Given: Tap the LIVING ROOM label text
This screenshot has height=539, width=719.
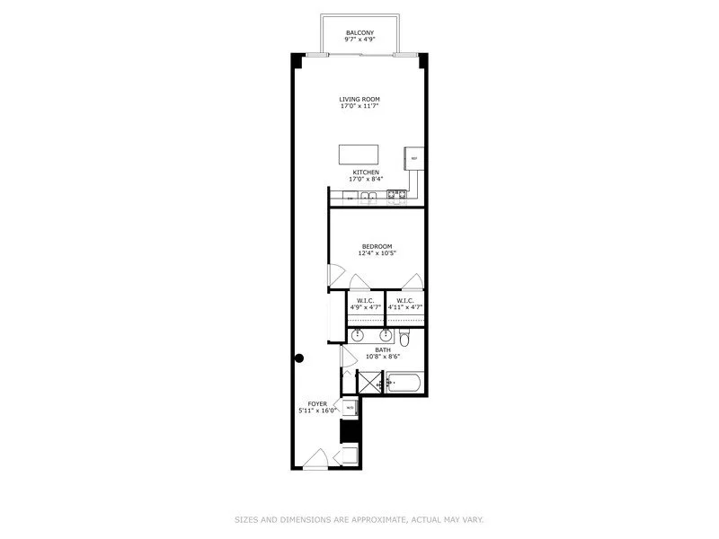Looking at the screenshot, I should click(359, 99).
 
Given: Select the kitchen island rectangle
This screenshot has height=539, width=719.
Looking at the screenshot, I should click(359, 154).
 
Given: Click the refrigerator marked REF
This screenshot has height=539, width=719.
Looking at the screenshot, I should click(414, 158).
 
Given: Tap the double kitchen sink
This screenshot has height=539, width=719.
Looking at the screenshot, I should click(366, 197).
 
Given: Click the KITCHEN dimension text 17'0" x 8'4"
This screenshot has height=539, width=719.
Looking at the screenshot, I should click(365, 179).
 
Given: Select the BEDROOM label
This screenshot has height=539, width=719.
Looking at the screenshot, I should click(377, 246).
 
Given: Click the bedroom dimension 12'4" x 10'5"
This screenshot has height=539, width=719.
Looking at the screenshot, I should click(377, 253).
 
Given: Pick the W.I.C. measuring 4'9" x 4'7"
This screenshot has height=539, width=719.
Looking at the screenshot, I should click(365, 304).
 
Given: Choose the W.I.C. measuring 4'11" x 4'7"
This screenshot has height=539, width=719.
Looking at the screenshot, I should click(404, 304).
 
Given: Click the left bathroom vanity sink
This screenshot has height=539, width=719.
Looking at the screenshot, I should click(359, 336).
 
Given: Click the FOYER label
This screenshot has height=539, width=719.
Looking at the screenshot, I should click(317, 404).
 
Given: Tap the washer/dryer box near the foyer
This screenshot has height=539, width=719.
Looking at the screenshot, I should click(349, 407).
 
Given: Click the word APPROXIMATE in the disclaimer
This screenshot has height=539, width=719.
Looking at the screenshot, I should click(380, 518).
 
